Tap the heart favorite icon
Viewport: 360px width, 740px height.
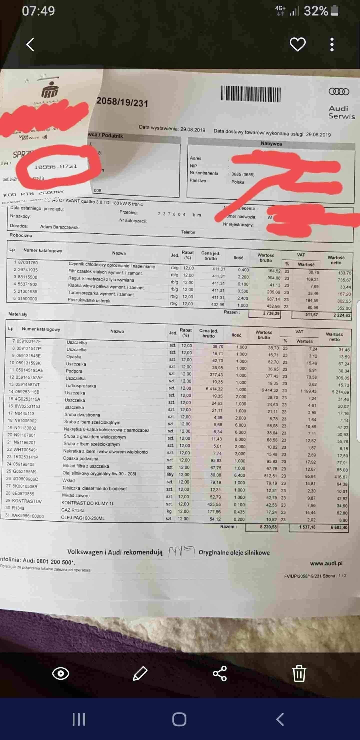click(x=297, y=44)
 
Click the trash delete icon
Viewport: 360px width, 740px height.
click(x=299, y=673)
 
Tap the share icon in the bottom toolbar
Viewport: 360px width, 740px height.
click(x=220, y=673)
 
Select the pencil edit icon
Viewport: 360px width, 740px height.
click(x=140, y=673)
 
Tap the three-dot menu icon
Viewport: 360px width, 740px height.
click(x=332, y=44)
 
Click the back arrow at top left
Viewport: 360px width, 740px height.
click(x=30, y=44)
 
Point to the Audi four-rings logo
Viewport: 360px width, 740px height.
click(x=339, y=92)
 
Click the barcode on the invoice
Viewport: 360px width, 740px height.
click(x=250, y=94)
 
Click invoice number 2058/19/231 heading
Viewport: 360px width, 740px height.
click(x=122, y=102)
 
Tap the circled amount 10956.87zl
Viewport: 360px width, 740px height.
click(x=56, y=166)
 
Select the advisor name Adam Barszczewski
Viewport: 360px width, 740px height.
click(x=60, y=227)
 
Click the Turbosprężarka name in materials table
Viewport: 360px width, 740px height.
click(x=80, y=385)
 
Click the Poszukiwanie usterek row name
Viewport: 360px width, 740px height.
click(x=89, y=300)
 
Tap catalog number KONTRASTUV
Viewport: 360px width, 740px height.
click(x=27, y=501)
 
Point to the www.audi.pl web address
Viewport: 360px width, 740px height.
click(x=326, y=563)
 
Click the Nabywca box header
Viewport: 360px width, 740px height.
click(x=271, y=144)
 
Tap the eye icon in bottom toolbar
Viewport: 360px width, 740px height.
click(x=60, y=673)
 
